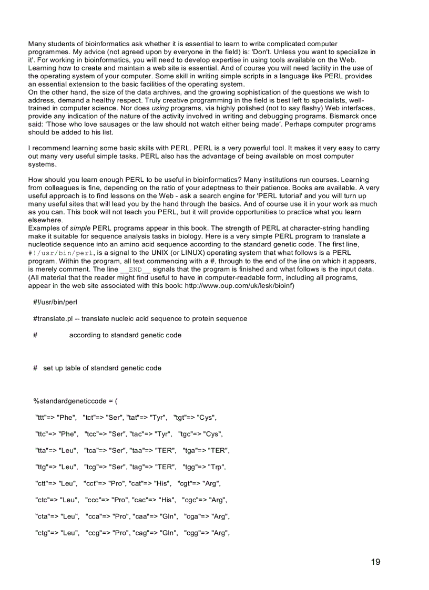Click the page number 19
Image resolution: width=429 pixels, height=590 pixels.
coord(375,562)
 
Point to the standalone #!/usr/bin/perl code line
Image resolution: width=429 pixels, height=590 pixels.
coord(55,302)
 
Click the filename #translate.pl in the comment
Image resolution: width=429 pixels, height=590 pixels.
coord(53,318)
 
